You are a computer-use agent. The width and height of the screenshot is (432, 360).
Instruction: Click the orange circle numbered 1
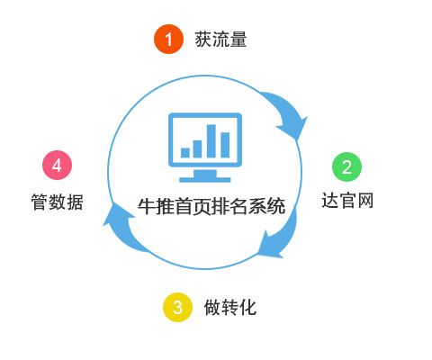(x=168, y=39)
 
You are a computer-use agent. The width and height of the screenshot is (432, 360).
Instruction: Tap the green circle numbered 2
(x=346, y=166)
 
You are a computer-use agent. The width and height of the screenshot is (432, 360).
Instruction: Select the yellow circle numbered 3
(x=177, y=307)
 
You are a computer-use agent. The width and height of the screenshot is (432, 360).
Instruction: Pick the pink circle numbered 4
(x=57, y=165)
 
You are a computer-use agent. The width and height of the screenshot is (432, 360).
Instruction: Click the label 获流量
(x=220, y=40)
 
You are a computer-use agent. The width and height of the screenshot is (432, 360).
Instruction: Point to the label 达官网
(x=347, y=201)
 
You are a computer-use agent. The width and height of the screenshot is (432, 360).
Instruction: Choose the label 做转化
(x=230, y=307)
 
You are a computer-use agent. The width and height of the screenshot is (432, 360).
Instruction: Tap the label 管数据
(x=57, y=202)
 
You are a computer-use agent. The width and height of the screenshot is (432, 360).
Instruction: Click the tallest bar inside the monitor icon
(x=211, y=140)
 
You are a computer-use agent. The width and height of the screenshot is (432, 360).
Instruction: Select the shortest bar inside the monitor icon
(x=185, y=153)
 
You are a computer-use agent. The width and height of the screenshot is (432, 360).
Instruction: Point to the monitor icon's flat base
(x=205, y=180)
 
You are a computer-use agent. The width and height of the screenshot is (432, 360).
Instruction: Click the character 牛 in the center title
(x=147, y=206)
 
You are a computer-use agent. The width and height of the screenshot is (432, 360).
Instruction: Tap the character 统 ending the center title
(x=276, y=206)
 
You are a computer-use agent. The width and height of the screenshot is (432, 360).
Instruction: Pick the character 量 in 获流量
(x=238, y=40)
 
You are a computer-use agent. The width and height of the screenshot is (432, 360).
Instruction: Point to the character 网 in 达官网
(x=365, y=201)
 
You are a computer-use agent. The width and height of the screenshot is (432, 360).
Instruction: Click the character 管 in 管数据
(x=40, y=202)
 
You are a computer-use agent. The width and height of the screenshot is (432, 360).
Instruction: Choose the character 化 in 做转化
(x=248, y=307)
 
